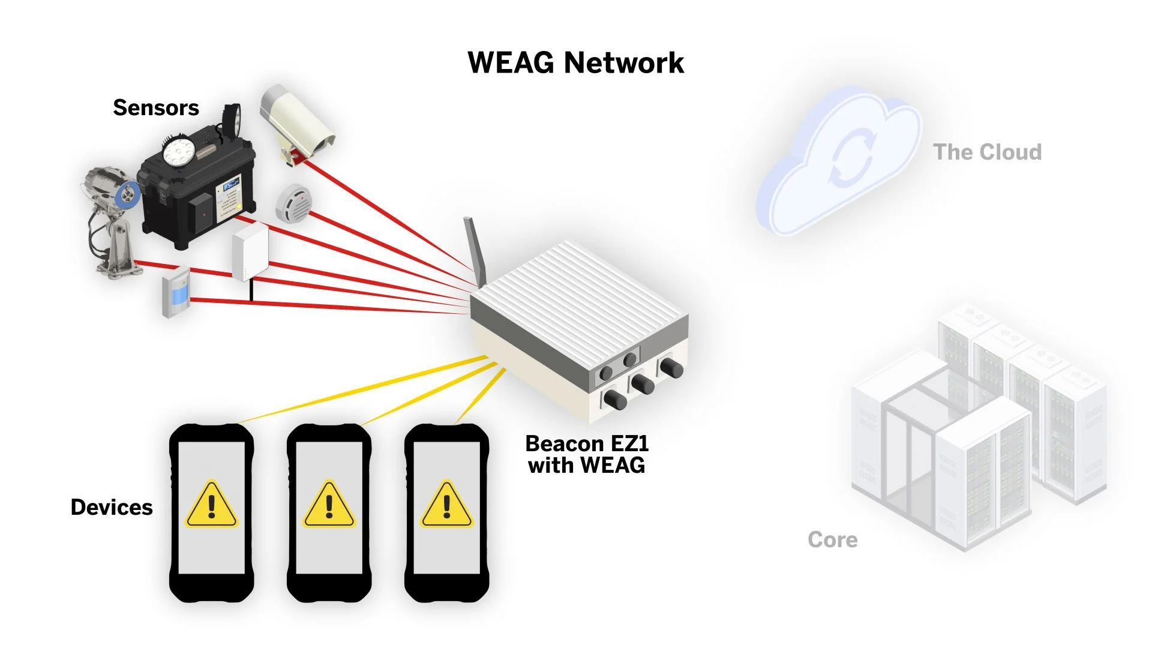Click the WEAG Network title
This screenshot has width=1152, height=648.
click(x=575, y=63)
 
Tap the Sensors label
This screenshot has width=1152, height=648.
click(x=156, y=108)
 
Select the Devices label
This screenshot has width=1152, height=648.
click(x=112, y=508)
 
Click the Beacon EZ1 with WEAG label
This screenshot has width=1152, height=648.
click(x=587, y=454)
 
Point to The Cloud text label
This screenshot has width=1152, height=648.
click(x=987, y=152)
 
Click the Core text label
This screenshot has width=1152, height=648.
click(x=832, y=540)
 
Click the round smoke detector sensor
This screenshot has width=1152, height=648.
click(x=293, y=203)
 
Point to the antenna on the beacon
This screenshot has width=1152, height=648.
click(x=474, y=249)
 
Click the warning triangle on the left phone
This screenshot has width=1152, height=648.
click(x=211, y=505)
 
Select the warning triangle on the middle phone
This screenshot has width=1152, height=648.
click(x=329, y=505)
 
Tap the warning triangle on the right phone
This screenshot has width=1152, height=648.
click(x=446, y=505)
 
